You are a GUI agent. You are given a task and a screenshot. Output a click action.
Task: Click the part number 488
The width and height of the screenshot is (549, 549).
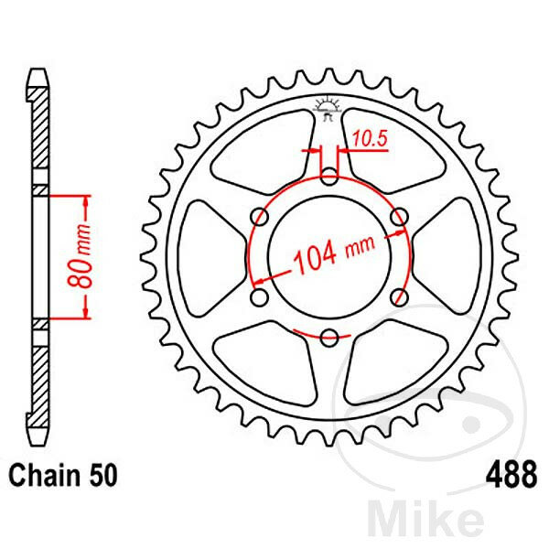click(508, 477)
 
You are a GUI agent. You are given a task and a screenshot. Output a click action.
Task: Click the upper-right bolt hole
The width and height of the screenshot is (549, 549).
click(398, 217)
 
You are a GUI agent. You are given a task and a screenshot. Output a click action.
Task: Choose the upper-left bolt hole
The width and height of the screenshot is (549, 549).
click(260, 217)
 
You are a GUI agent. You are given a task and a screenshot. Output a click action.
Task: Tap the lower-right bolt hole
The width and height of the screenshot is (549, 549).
click(398, 297)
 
